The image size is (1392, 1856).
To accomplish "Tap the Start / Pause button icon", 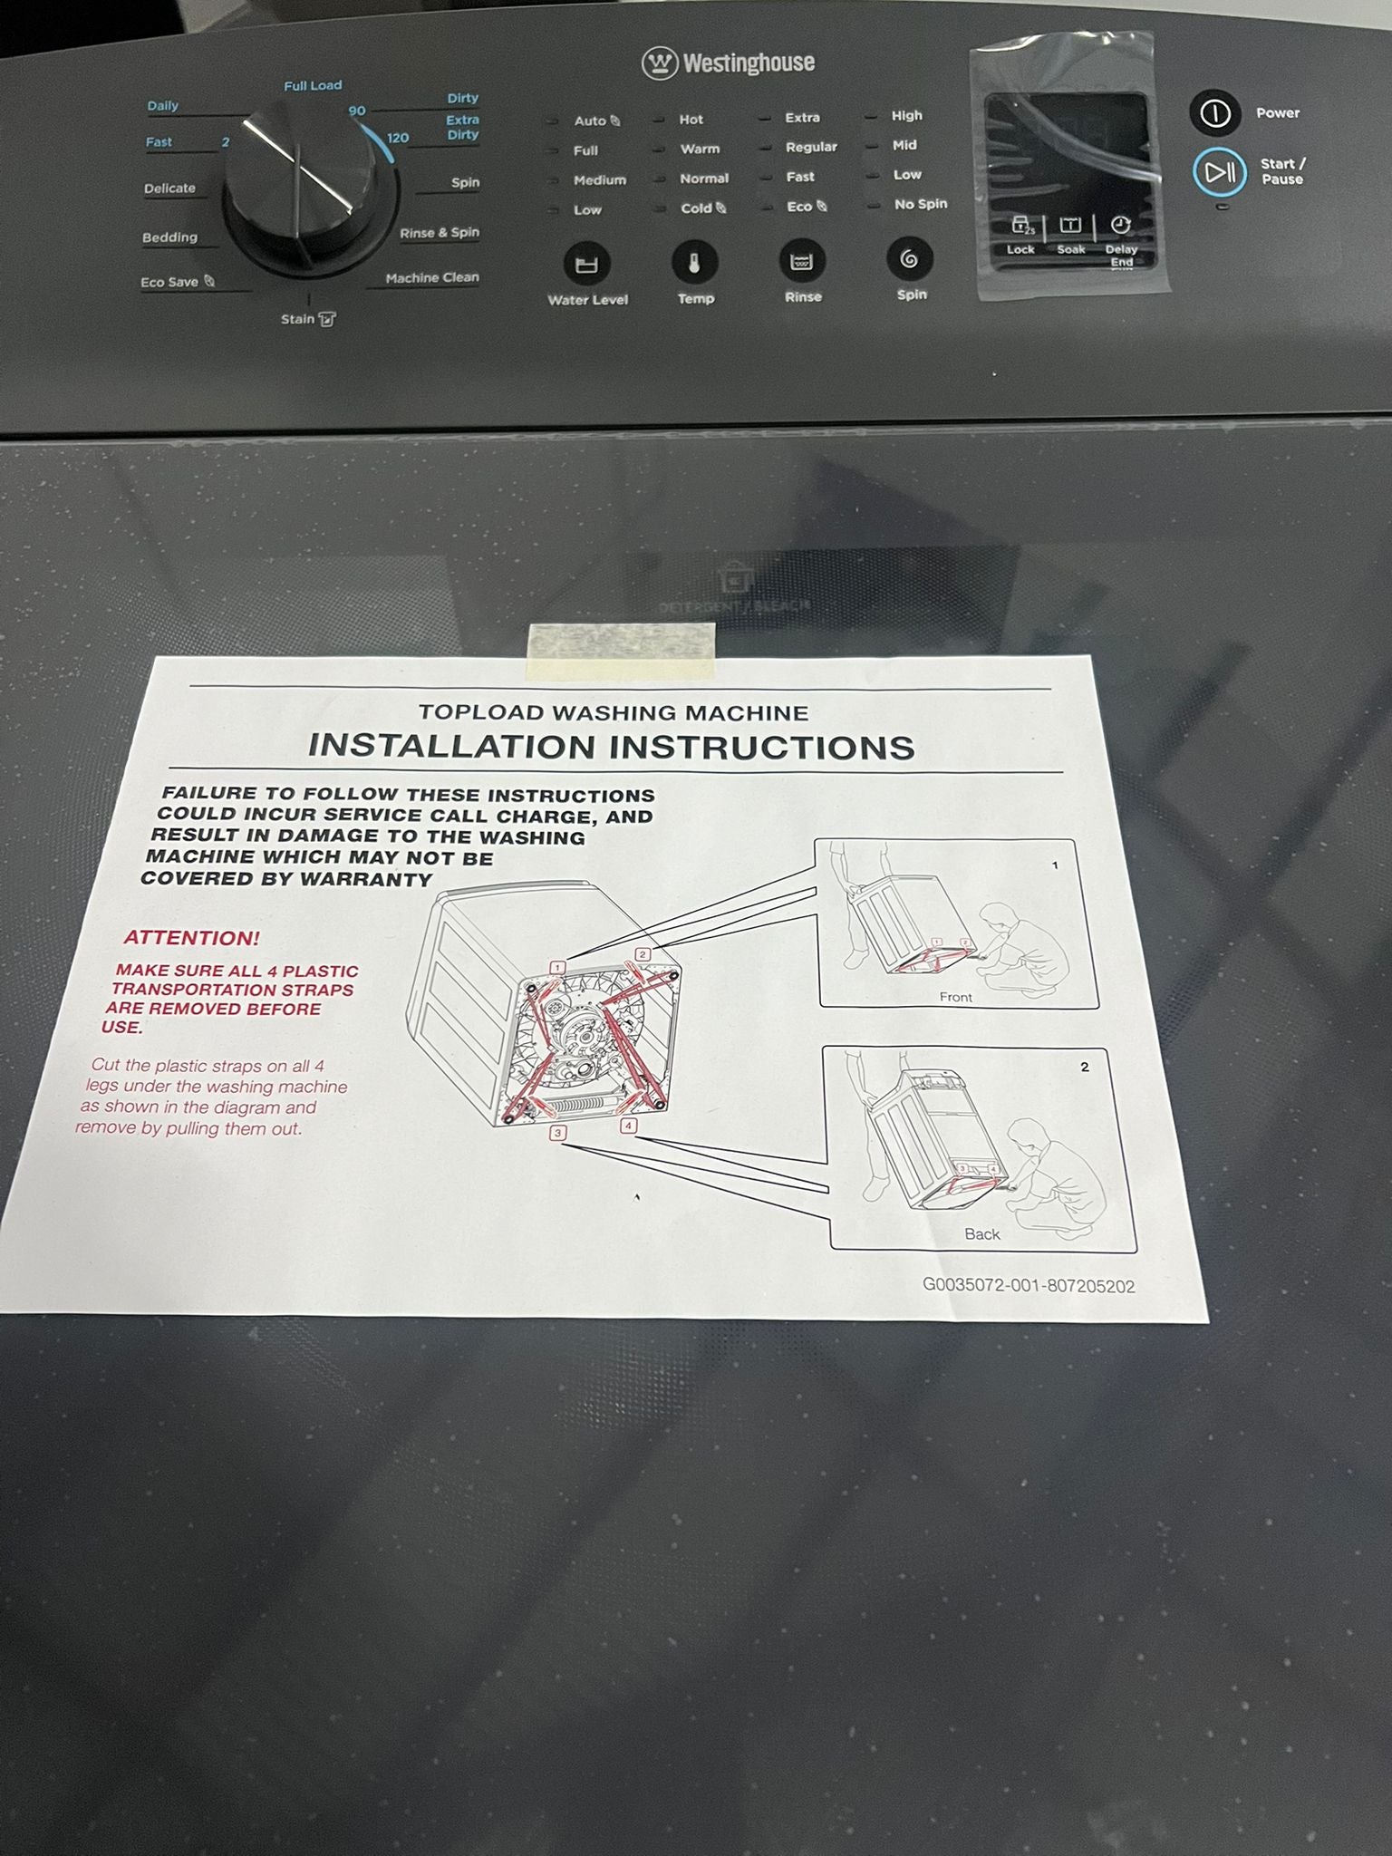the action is (x=1220, y=171).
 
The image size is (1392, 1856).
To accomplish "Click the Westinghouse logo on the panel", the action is (x=729, y=63).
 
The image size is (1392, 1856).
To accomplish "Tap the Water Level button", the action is (x=587, y=265).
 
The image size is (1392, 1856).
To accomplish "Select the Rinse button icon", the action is (x=802, y=262).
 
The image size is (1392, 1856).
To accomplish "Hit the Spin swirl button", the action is (x=909, y=259).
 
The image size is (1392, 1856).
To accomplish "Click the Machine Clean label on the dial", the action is (x=432, y=277).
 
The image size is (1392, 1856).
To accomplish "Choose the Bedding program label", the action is (x=169, y=237).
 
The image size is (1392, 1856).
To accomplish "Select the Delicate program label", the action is (x=169, y=188).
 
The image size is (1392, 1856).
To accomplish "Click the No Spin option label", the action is (x=921, y=204).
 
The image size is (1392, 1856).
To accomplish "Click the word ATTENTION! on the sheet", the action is (x=192, y=938).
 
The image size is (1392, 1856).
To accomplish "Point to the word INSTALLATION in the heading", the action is (x=452, y=746).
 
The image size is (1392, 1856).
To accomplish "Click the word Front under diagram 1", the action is (x=956, y=997).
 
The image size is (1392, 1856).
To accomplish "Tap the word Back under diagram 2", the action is (x=982, y=1234).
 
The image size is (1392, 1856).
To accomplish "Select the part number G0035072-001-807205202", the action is (x=1029, y=1286).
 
